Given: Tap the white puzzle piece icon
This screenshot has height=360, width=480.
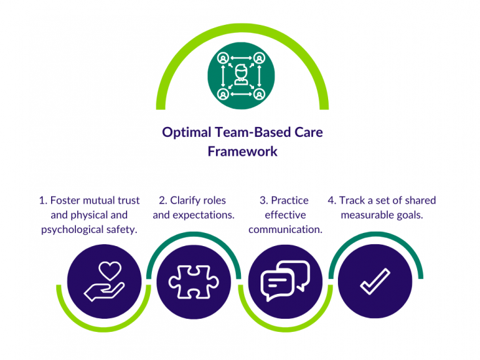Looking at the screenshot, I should pos(194,282).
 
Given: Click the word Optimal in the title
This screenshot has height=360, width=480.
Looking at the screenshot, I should pos(185,132).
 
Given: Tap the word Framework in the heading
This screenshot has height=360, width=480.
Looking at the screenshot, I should pos(243,151).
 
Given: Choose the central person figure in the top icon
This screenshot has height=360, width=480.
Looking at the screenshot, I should pos(242,74).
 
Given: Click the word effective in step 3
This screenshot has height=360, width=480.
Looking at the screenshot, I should pos(286,215).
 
